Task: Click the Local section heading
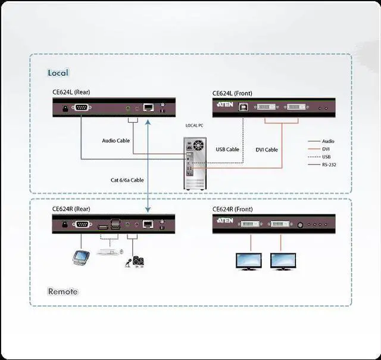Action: [x=58, y=73]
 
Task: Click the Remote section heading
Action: [x=63, y=291]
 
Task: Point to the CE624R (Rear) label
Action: [x=71, y=209]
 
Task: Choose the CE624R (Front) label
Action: [x=233, y=209]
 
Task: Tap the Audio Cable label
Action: [x=115, y=141]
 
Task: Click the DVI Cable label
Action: [x=267, y=150]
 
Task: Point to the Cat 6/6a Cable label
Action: [x=126, y=180]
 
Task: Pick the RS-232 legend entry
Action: [x=329, y=165]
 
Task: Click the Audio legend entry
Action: [x=328, y=141]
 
